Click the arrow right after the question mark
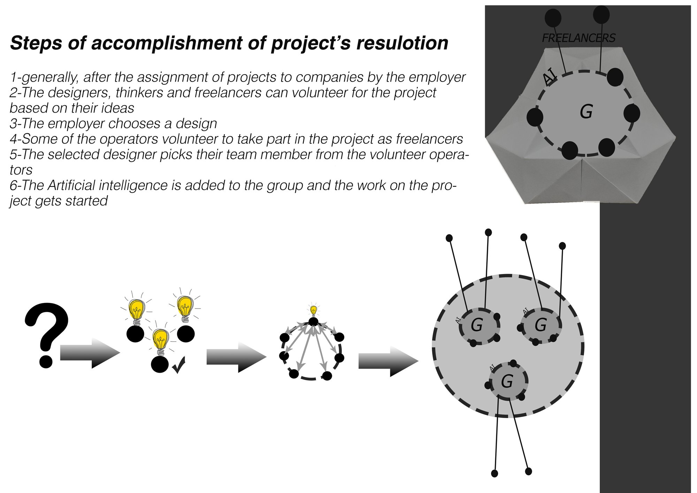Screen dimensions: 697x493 [90, 353]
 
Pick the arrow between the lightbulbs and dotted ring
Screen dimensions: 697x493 [237, 357]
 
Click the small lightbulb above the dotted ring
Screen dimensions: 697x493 [314, 310]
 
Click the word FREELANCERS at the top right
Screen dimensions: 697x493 [579, 38]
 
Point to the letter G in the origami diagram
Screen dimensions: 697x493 [586, 112]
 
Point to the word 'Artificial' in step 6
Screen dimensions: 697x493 [87, 185]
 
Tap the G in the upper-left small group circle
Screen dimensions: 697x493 [476, 325]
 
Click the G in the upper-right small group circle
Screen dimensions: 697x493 [540, 325]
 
